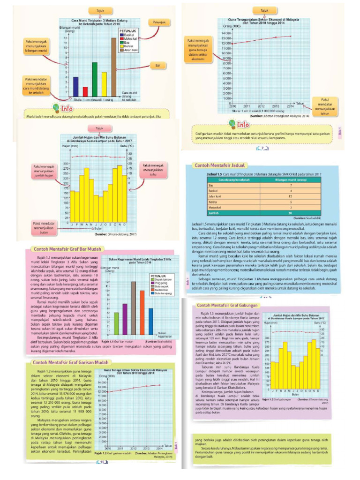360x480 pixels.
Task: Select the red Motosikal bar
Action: coord(85,91)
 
